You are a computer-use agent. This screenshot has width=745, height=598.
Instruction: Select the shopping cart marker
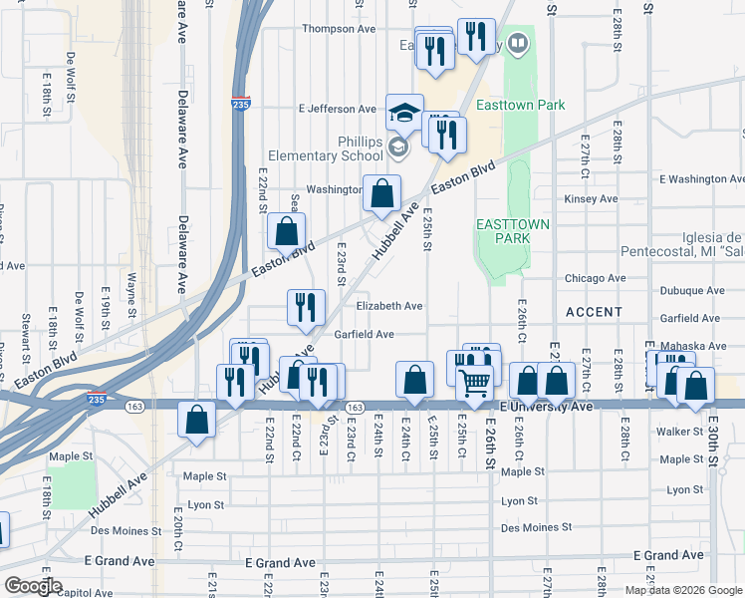(x=475, y=380)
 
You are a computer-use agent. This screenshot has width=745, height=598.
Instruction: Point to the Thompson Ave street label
(x=339, y=29)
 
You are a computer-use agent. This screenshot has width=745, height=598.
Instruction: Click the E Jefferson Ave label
(x=337, y=109)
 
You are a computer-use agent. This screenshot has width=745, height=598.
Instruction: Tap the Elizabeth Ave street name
(x=390, y=306)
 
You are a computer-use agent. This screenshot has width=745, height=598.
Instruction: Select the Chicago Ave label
(x=595, y=278)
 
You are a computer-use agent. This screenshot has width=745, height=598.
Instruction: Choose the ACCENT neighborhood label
(x=594, y=312)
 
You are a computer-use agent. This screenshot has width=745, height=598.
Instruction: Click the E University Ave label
(x=546, y=407)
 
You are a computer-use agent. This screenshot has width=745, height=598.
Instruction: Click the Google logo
(x=33, y=586)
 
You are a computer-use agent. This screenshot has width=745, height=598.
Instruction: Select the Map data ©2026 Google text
(x=683, y=590)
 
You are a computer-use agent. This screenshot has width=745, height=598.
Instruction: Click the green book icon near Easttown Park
(x=518, y=44)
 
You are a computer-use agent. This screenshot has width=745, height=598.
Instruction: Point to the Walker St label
(x=682, y=433)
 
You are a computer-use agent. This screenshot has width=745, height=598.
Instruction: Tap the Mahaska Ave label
(x=692, y=346)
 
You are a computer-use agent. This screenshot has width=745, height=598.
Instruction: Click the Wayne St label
(x=130, y=292)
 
